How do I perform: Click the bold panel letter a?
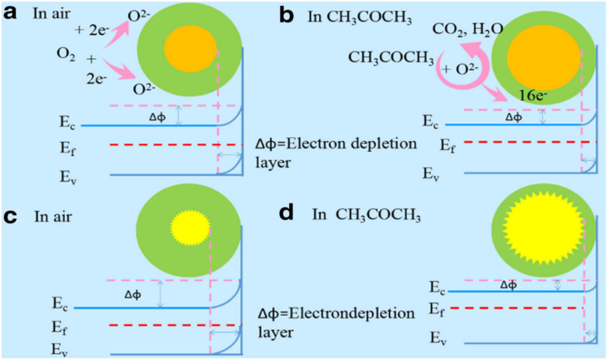tap(12, 13)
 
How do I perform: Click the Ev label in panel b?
tap(430, 174)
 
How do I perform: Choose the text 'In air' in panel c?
tap(55, 217)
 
